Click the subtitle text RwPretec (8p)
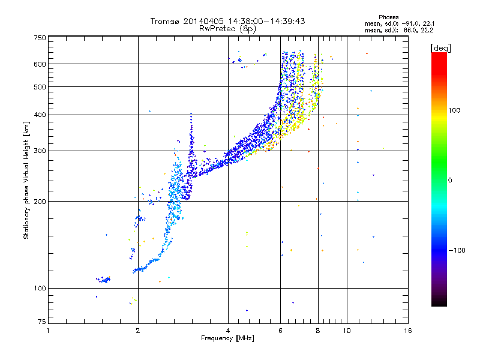point(227,28)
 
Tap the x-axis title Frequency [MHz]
point(227,338)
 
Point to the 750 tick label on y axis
point(39,37)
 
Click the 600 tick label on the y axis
point(39,64)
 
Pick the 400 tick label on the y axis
point(39,115)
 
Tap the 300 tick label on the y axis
point(39,151)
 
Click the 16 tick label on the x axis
point(407,331)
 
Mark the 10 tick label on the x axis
point(346,331)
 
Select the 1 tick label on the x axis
point(49,331)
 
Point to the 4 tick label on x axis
point(228,331)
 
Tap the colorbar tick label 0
point(450,180)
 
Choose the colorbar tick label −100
point(456,250)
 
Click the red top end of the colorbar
point(439,56)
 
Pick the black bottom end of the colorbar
point(439,303)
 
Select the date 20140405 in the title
point(202,21)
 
